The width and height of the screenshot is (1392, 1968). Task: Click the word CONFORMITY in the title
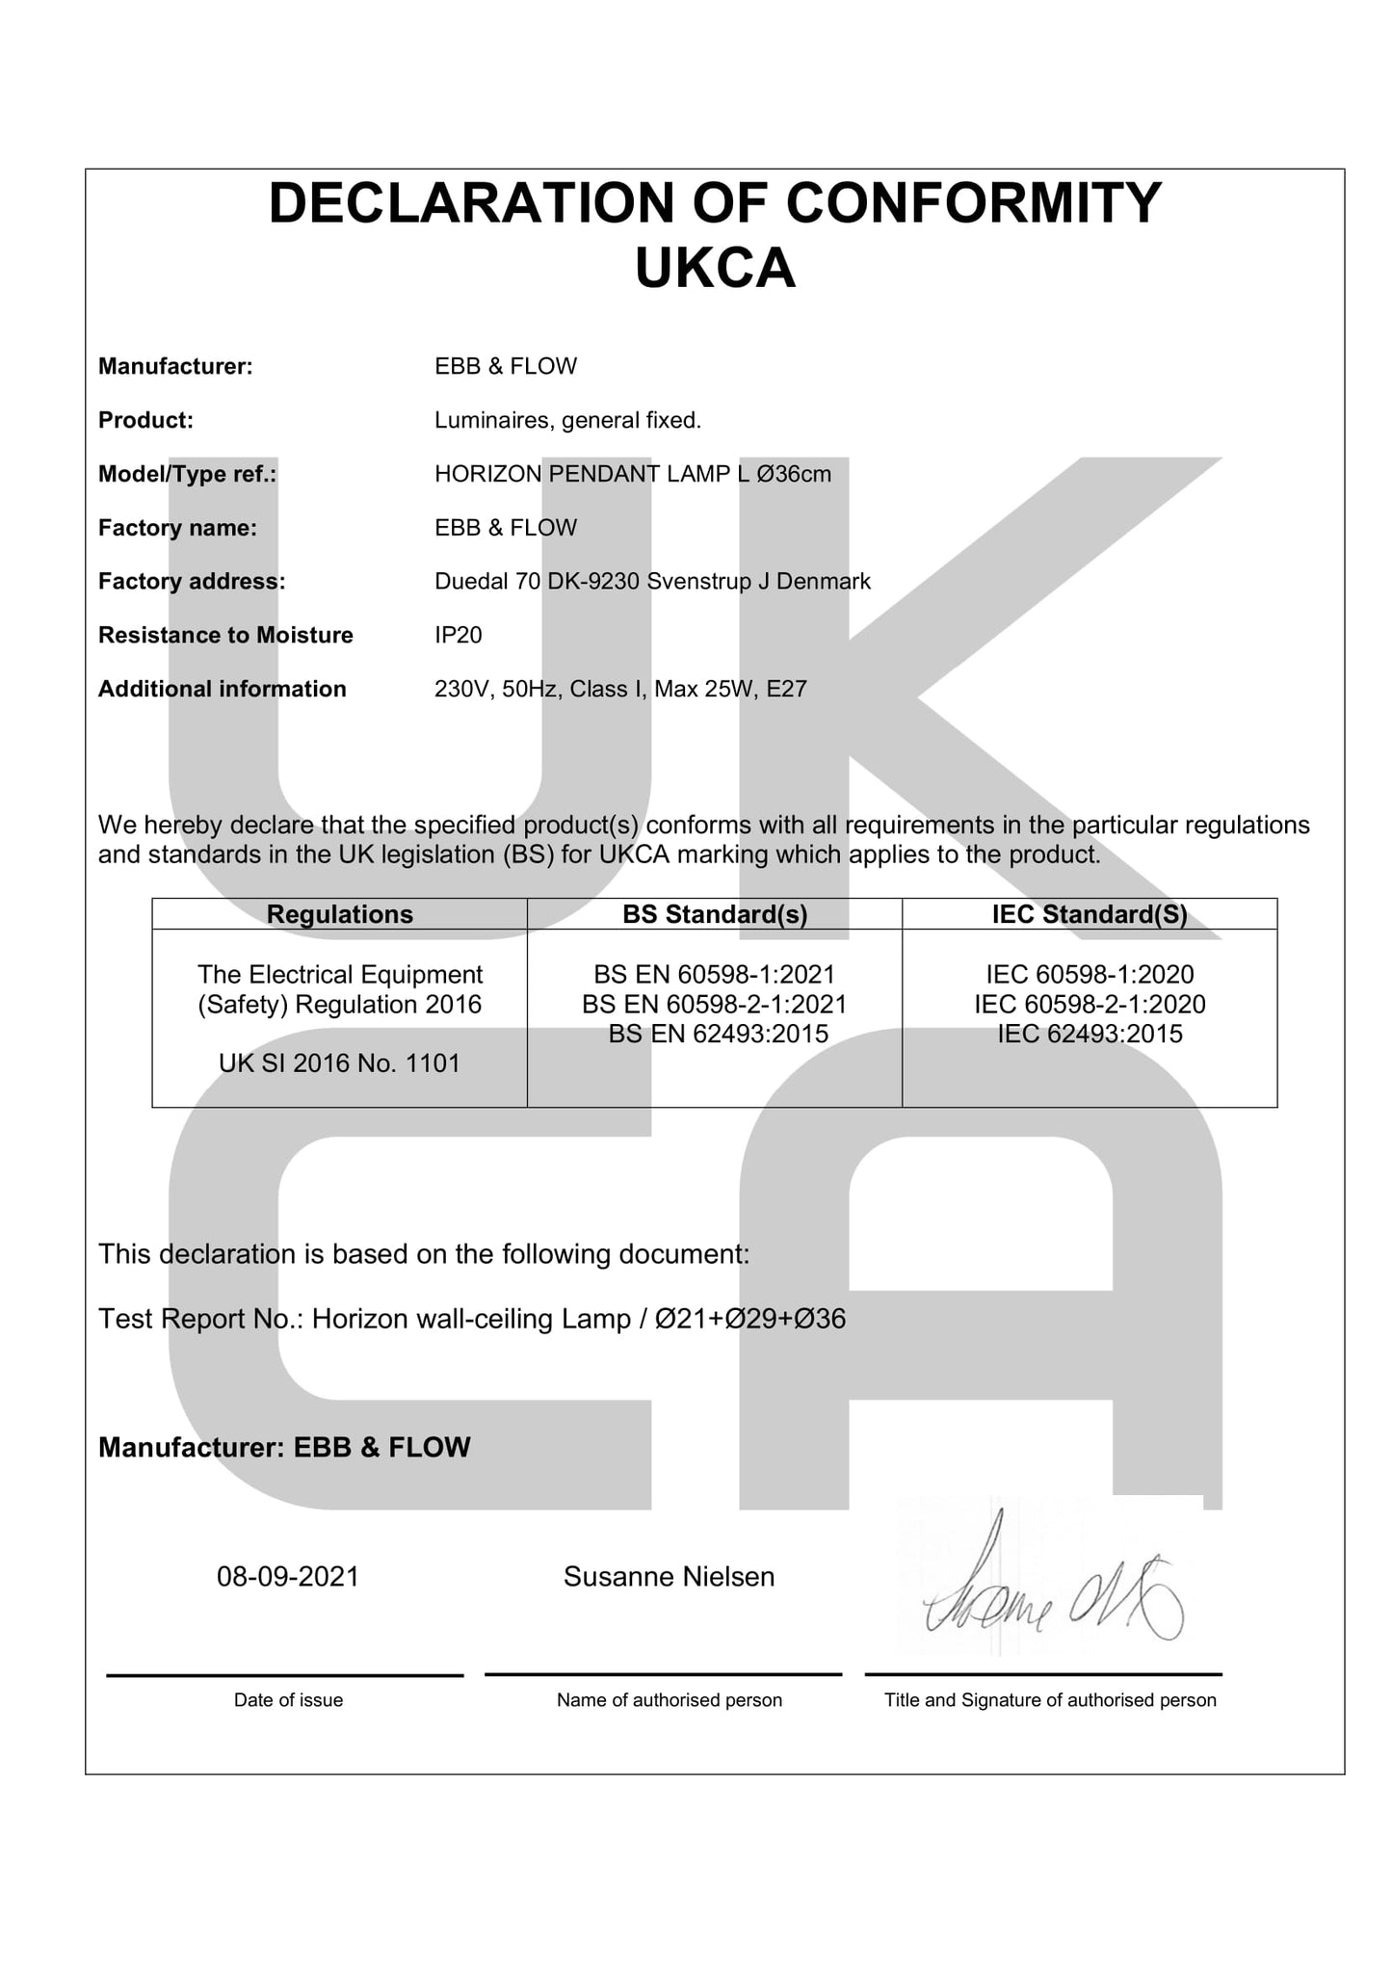[974, 203]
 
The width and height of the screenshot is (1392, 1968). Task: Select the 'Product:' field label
[145, 420]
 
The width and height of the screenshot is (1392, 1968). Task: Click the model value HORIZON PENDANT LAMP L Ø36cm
[632, 474]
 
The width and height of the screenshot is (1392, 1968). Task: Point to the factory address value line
[652, 581]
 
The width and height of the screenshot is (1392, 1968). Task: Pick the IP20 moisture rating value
[458, 635]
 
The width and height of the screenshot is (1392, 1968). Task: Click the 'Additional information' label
[222, 689]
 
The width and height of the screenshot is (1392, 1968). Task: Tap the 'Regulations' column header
[339, 914]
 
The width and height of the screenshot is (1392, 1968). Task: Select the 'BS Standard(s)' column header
[715, 914]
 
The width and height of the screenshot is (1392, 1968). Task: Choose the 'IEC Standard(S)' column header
[1090, 914]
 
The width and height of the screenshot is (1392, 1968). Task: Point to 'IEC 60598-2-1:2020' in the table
[1090, 1004]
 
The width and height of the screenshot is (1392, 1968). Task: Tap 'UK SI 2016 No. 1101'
[339, 1063]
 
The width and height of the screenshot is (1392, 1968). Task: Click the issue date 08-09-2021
[287, 1576]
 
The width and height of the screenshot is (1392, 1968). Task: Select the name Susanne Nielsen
[669, 1576]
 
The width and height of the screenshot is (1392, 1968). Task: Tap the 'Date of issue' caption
[288, 1700]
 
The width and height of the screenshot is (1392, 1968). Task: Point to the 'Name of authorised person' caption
[669, 1700]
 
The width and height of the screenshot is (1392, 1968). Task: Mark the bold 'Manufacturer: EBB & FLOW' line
[284, 1447]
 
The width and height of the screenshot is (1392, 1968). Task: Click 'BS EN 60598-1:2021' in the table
[715, 974]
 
